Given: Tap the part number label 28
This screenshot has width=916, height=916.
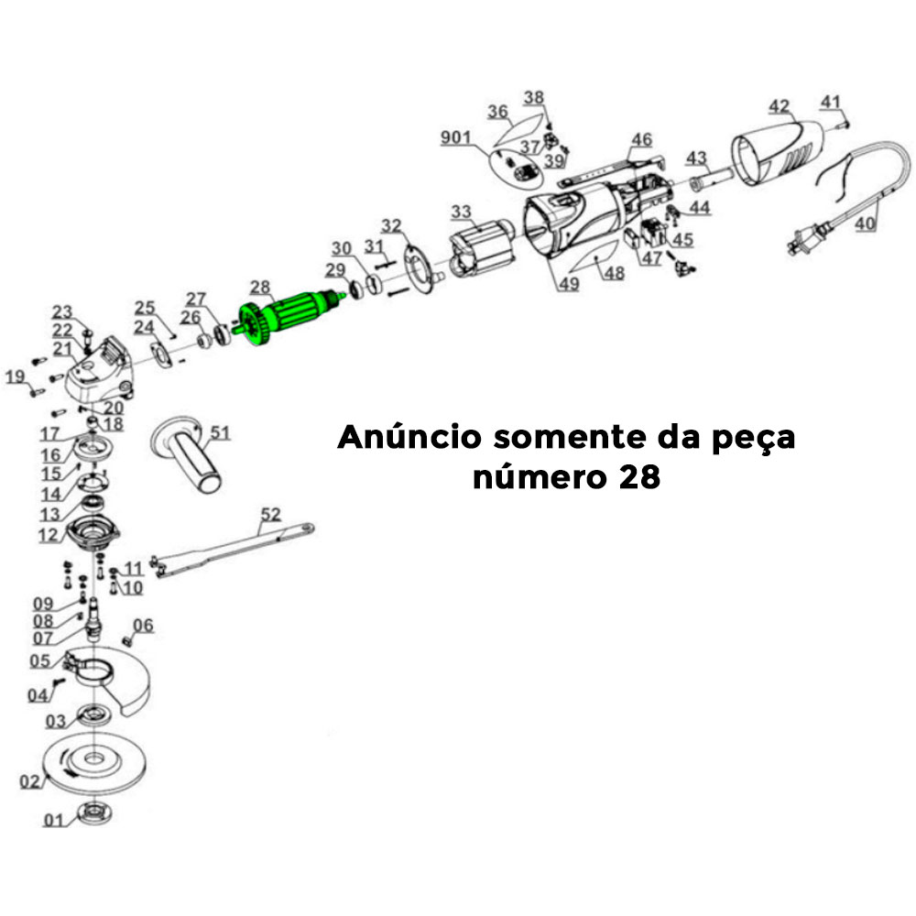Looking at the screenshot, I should pyautogui.click(x=260, y=287).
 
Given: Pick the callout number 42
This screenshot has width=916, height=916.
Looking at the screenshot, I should pyautogui.click(x=779, y=106).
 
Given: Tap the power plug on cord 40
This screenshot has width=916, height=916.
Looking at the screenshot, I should pyautogui.click(x=799, y=242).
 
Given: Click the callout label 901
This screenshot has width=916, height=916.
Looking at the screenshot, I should pyautogui.click(x=455, y=137).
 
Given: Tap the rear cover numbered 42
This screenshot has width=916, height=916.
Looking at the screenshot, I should pyautogui.click(x=779, y=151).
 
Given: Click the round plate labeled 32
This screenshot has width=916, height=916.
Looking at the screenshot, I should pyautogui.click(x=418, y=267).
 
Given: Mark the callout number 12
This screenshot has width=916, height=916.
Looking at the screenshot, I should pyautogui.click(x=49, y=534).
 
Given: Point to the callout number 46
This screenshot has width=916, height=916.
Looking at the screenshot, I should pyautogui.click(x=641, y=139).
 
